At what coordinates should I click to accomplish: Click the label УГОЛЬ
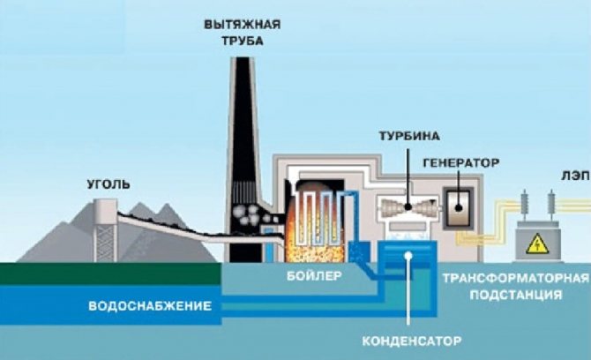click(x=108, y=184)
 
